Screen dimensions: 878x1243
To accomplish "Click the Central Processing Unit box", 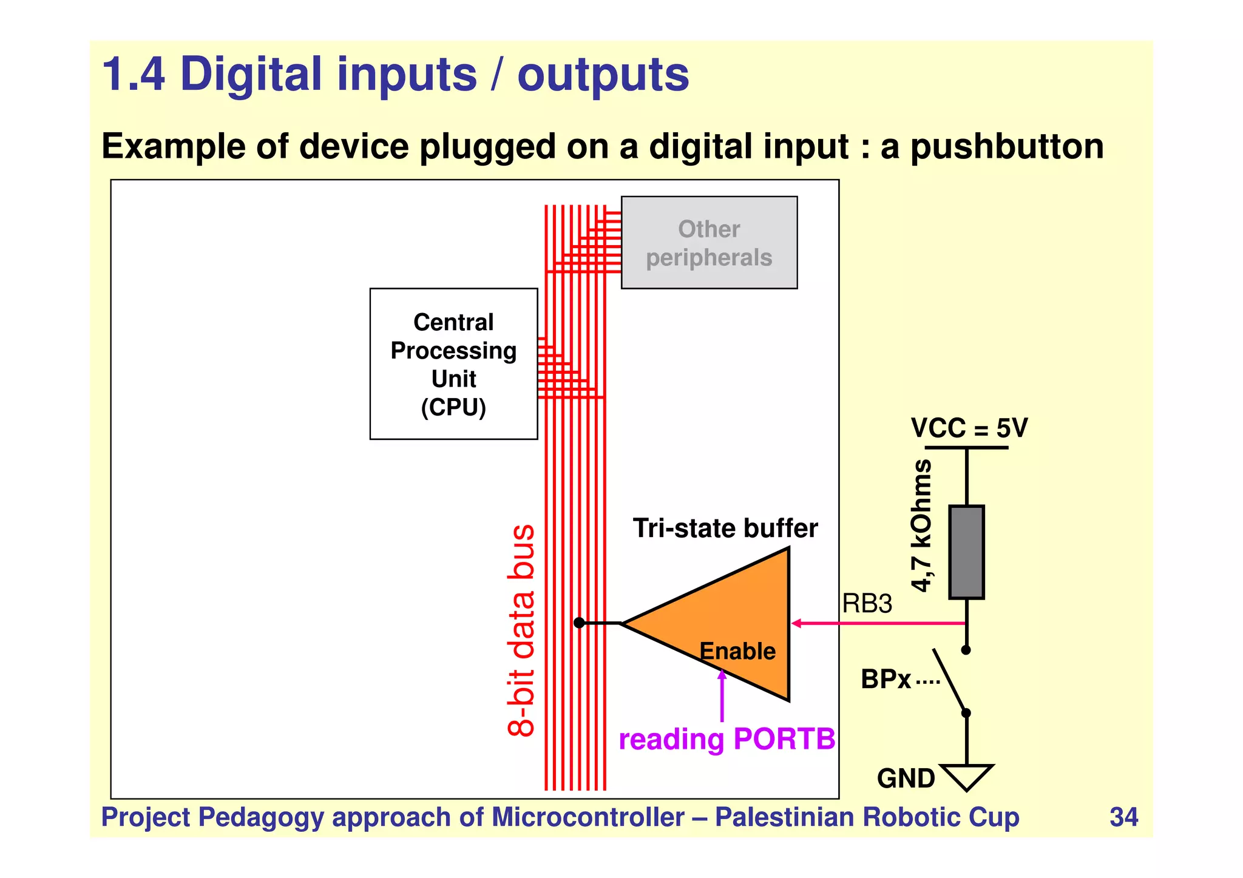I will click(x=453, y=363).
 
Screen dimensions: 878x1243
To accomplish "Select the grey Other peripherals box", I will click(x=709, y=242).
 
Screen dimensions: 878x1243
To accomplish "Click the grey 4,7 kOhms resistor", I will click(x=966, y=552).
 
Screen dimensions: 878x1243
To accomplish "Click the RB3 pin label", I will click(x=867, y=604).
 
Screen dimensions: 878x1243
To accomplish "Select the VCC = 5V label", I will click(x=969, y=428).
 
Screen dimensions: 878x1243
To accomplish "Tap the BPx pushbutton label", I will click(x=886, y=679).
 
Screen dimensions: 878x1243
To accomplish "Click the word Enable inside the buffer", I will click(x=737, y=651).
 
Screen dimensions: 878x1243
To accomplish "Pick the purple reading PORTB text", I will click(x=726, y=739).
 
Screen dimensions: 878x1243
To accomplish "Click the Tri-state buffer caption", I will click(x=725, y=528).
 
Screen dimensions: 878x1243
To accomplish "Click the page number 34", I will click(x=1123, y=817).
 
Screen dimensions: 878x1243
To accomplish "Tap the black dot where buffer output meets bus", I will click(x=579, y=623).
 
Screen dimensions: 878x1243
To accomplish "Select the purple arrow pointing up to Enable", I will click(x=722, y=698).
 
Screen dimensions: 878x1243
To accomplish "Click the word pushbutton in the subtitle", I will click(x=1007, y=147).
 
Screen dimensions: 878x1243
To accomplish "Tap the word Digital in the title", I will click(x=250, y=75).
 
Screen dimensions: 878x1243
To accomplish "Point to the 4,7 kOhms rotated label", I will click(x=921, y=525).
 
